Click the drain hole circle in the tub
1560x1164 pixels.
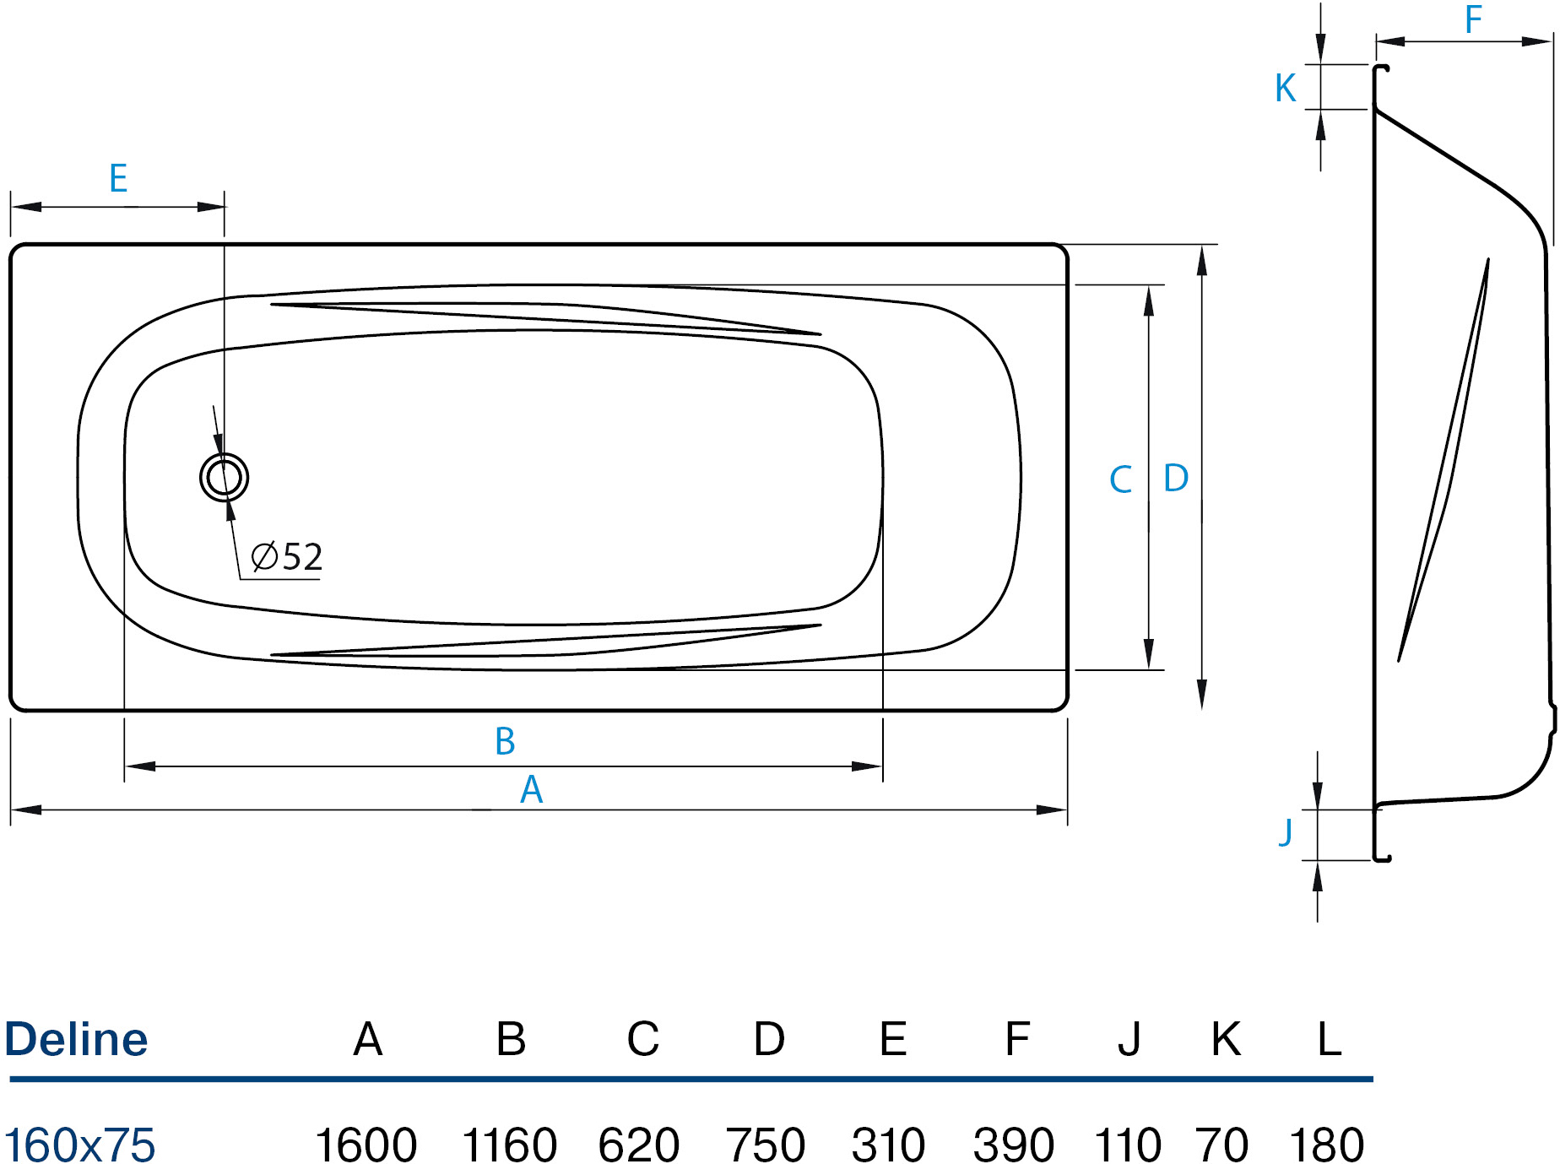tap(224, 453)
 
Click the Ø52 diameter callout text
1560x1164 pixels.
tap(287, 557)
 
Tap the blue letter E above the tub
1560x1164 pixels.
tap(118, 178)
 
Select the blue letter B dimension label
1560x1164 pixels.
tap(505, 741)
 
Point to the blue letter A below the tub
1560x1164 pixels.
tap(531, 790)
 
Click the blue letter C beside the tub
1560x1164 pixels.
tap(1120, 479)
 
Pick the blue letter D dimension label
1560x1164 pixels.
tap(1176, 478)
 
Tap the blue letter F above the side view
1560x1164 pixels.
tap(1473, 19)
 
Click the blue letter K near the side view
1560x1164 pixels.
tap(1286, 88)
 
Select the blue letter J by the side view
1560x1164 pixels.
tap(1286, 831)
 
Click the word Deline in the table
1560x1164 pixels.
tap(76, 1039)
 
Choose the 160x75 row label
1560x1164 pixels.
tap(80, 1145)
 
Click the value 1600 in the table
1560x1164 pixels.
tap(366, 1145)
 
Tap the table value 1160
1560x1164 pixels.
tap(509, 1145)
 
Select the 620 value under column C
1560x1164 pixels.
tap(639, 1145)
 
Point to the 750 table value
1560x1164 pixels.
tap(766, 1145)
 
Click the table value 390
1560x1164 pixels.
tap(1014, 1145)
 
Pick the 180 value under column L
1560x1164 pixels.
tap(1326, 1145)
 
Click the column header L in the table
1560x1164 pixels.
tap(1330, 1039)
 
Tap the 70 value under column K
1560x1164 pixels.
tap(1221, 1145)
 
